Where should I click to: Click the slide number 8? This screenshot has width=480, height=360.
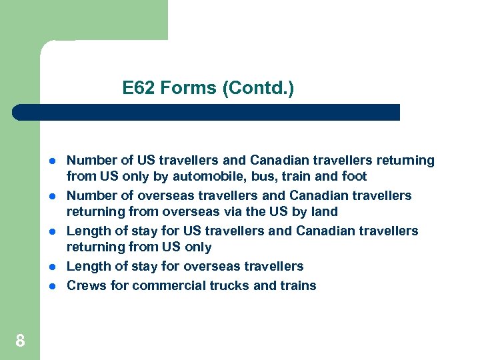pyautogui.click(x=20, y=341)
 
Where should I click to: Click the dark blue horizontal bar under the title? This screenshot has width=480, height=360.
pyautogui.click(x=207, y=112)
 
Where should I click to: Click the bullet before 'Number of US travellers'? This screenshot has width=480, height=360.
pyautogui.click(x=51, y=161)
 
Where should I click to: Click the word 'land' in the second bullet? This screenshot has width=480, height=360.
pyautogui.click(x=325, y=212)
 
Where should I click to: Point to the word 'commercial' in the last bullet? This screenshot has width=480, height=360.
pyautogui.click(x=164, y=286)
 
